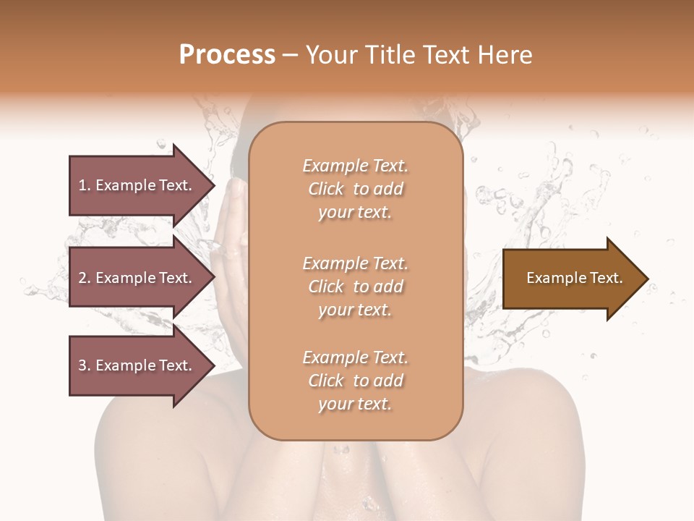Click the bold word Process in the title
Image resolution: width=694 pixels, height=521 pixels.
[227, 55]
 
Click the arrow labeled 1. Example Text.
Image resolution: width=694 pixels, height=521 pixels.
[137, 185]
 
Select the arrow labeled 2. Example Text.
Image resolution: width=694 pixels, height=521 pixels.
[137, 278]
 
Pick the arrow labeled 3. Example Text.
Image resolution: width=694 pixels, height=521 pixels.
[137, 365]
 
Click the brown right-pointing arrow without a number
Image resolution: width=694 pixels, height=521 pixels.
[571, 279]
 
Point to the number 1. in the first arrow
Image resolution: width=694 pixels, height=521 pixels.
[85, 185]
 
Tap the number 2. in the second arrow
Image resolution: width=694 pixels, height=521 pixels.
[85, 278]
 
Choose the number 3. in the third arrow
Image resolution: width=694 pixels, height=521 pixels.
[85, 365]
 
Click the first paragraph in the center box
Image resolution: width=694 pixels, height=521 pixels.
[355, 189]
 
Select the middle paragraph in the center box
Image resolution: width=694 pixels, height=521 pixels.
[355, 287]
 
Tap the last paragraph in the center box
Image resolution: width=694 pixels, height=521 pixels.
[355, 381]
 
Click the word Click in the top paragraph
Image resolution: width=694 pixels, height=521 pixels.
[326, 189]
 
